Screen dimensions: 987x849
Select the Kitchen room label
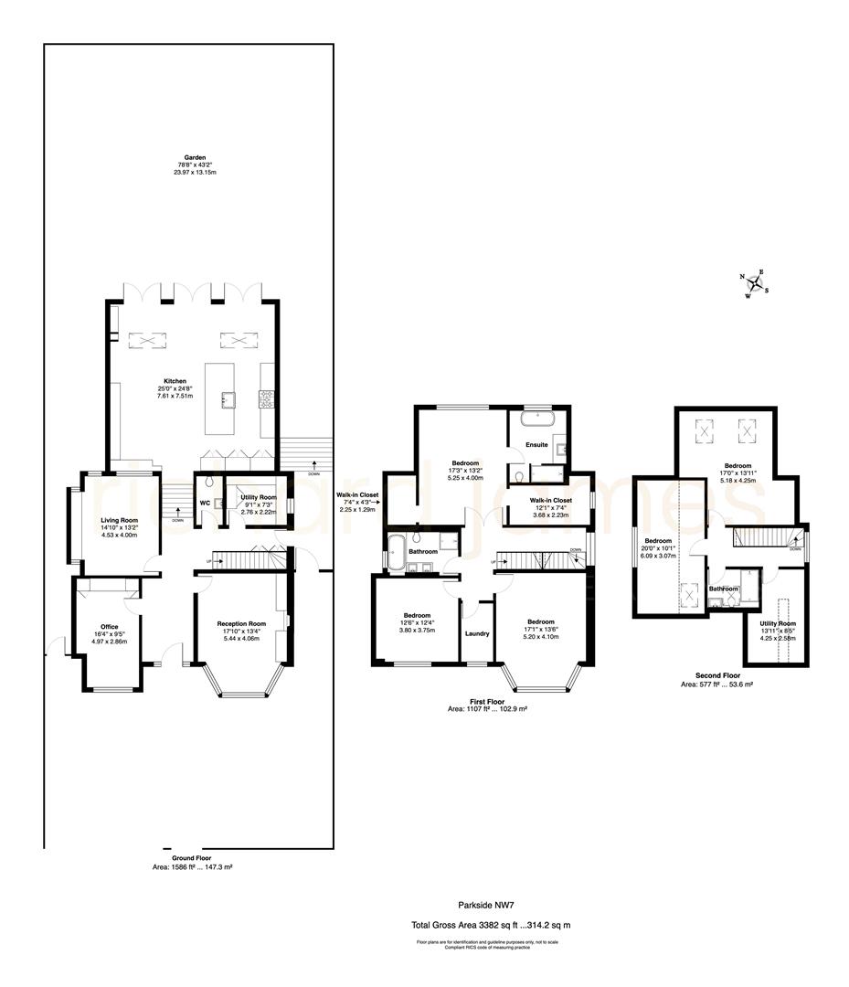175,381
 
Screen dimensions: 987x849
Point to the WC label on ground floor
205,503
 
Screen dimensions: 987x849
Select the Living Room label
119,519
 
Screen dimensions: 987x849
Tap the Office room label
109,627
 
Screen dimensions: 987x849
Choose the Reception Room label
241,623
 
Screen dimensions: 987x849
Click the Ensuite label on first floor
536,445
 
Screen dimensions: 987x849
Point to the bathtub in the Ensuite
536,420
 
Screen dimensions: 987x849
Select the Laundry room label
477,633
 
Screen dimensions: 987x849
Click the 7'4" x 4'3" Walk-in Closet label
356,494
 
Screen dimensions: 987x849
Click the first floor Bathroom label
423,551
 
